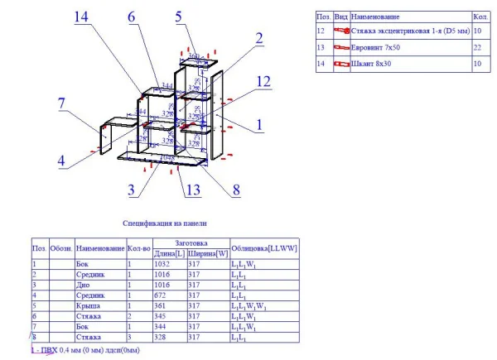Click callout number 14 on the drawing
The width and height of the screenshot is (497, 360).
[x=81, y=17]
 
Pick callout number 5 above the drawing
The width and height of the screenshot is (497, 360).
[x=181, y=16]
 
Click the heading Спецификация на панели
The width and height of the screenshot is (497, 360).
[x=164, y=223]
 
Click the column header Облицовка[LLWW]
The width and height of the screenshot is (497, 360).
[x=263, y=248]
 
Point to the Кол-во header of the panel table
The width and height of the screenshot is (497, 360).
[x=138, y=248]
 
